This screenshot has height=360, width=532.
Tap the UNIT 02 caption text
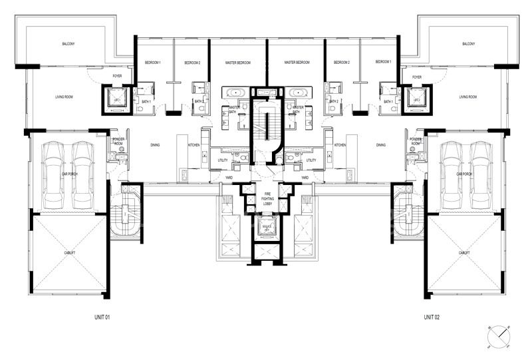click(433, 317)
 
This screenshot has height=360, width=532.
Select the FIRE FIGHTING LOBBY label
click(266, 198)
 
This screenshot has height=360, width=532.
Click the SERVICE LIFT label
click(266, 229)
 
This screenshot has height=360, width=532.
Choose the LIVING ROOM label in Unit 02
click(468, 97)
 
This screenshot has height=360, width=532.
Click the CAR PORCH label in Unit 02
click(464, 174)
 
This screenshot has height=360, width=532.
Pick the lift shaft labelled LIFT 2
click(416, 99)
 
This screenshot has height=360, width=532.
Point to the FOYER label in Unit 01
click(117, 77)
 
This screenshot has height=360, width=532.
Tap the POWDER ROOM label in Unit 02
click(416, 142)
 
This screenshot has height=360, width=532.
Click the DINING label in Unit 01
click(154, 144)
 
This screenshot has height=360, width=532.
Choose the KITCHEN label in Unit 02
click(340, 144)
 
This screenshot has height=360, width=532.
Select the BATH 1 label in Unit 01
click(146, 102)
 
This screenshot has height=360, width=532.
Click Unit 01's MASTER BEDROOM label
click(237, 63)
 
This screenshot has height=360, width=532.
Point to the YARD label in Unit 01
click(228, 178)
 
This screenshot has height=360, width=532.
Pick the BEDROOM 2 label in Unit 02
click(343, 63)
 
